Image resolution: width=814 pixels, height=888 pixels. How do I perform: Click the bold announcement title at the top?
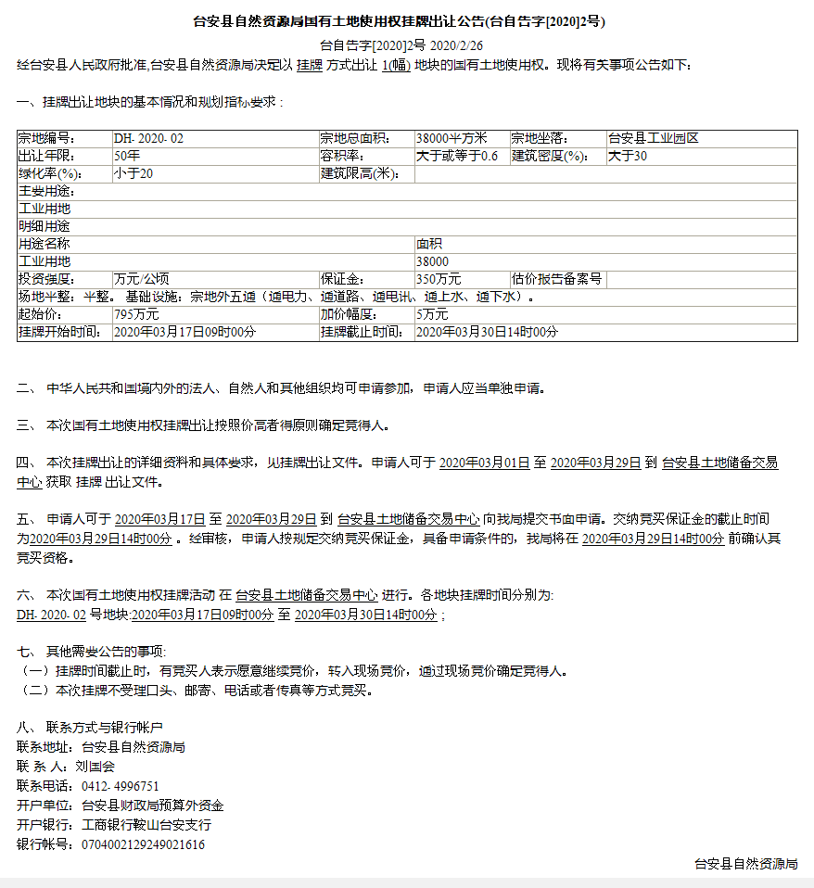(x=404, y=21)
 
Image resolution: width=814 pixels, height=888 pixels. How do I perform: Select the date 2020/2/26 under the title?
(x=457, y=44)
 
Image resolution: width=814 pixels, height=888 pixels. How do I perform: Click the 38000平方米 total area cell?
(x=458, y=138)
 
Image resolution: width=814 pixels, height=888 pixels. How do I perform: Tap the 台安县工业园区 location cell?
(x=653, y=138)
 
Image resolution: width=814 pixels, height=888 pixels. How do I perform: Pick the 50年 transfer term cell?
(x=127, y=156)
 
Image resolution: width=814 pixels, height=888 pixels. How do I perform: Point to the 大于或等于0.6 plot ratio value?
(x=457, y=156)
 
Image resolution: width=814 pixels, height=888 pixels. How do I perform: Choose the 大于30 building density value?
(x=628, y=156)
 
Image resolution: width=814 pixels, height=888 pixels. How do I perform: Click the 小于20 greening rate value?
(x=134, y=173)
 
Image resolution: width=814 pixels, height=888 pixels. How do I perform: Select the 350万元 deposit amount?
(x=439, y=279)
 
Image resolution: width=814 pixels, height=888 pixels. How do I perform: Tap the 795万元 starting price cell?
(x=136, y=314)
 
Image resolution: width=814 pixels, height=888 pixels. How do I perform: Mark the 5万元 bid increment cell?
(x=432, y=314)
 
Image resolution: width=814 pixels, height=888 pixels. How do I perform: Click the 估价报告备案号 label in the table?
(x=557, y=279)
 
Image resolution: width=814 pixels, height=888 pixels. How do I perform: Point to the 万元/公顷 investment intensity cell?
(x=141, y=279)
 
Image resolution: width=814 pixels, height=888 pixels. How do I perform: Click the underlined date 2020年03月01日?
(x=484, y=462)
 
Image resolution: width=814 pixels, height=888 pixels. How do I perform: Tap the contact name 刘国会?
(x=95, y=767)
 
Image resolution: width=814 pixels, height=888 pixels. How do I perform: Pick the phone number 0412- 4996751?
(x=121, y=786)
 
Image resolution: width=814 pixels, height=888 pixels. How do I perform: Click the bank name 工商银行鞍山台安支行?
(x=146, y=825)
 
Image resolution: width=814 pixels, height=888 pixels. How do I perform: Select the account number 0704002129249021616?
(x=144, y=844)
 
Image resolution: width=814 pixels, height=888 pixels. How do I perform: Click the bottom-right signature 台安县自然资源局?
(x=746, y=864)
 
